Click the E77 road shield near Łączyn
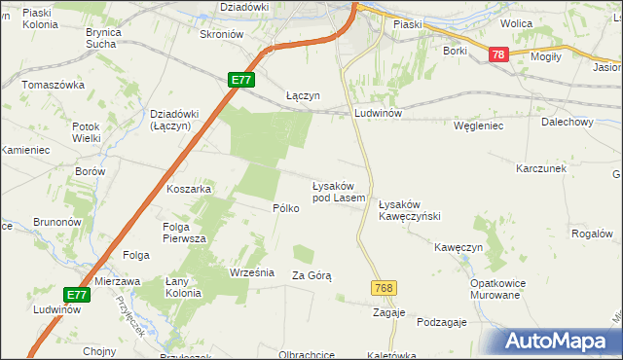tap(242, 81)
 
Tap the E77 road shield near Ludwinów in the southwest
tap(78, 294)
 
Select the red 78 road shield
tap(497, 57)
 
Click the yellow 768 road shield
tap(383, 288)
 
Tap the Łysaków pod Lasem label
tap(338, 192)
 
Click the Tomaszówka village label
tap(55, 85)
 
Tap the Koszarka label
tap(189, 189)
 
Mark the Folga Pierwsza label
tap(182, 233)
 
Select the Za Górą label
tap(311, 276)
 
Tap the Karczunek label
tap(541, 168)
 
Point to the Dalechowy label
tap(568, 123)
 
